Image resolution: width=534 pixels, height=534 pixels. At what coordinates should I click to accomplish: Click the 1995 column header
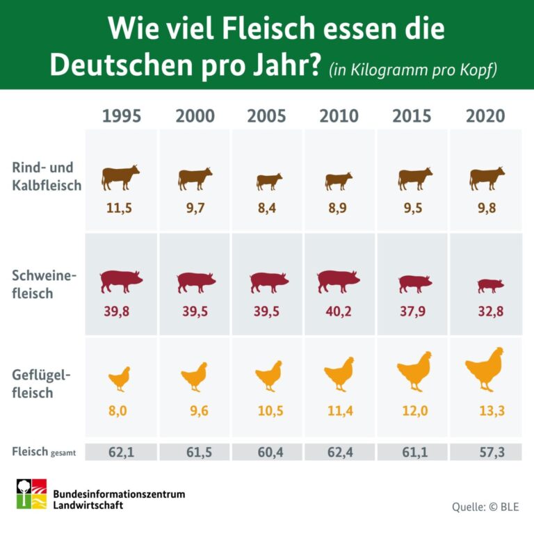click(x=121, y=115)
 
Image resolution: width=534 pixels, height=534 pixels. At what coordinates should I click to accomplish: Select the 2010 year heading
click(x=339, y=115)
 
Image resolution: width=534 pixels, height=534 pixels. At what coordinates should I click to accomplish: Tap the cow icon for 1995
click(x=121, y=177)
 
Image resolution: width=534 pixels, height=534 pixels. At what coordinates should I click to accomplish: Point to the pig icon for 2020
click(x=490, y=285)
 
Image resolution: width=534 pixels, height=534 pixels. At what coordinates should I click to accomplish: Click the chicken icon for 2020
click(x=485, y=369)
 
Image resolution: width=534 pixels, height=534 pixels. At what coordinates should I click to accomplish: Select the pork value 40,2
click(x=339, y=311)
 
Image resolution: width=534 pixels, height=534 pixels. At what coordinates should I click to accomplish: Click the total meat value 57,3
click(x=485, y=452)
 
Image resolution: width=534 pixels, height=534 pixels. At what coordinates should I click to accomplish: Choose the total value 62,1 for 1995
click(x=121, y=452)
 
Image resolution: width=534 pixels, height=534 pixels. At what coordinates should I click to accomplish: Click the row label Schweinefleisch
click(x=44, y=284)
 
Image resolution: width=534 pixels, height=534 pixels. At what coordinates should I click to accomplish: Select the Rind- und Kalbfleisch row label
click(x=47, y=177)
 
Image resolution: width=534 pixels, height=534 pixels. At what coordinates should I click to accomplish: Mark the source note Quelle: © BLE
click(x=485, y=506)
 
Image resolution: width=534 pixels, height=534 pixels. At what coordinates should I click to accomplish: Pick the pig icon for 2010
click(x=339, y=281)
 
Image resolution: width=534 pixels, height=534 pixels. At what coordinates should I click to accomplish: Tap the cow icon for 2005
click(x=269, y=181)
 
